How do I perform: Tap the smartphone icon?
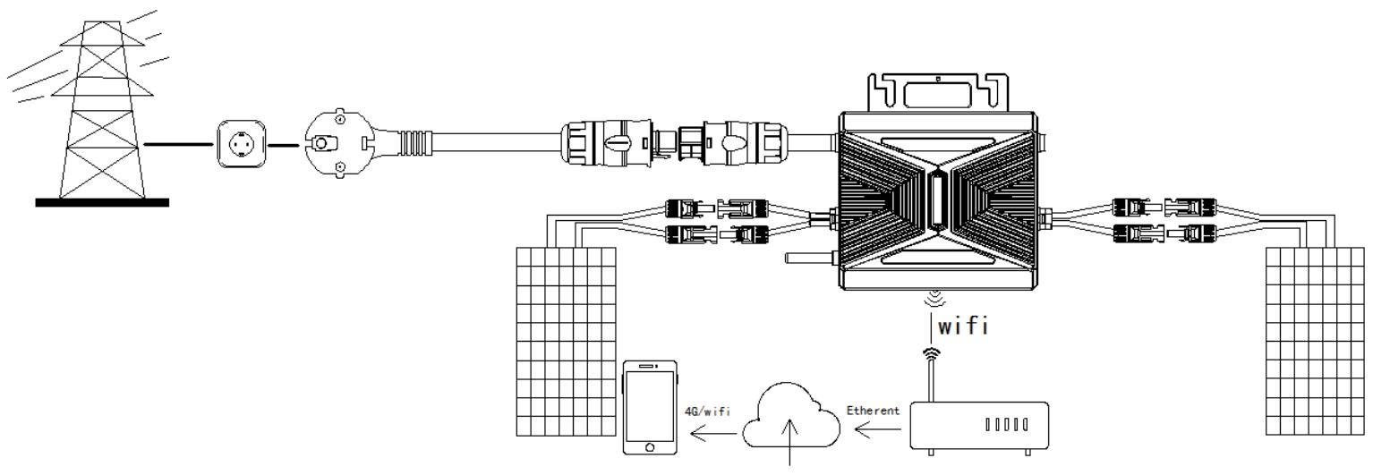(650, 407)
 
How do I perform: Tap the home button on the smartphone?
(650, 446)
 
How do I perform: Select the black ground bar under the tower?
(101, 202)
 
